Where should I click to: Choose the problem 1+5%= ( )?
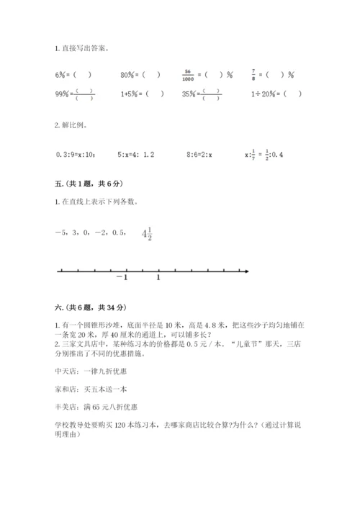coord(142,94)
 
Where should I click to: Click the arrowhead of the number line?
coord(246,271)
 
